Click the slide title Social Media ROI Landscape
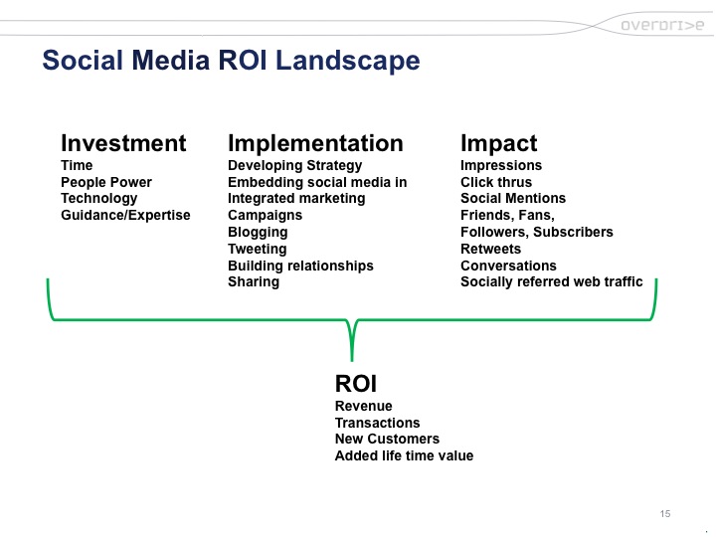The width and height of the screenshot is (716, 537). (231, 62)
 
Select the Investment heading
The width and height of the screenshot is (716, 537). (123, 143)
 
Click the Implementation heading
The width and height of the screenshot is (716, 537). (315, 143)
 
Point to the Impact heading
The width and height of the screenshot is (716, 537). (498, 143)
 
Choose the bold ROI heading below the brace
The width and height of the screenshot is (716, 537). (356, 384)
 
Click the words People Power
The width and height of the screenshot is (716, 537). (106, 182)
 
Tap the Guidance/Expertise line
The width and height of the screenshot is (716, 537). (125, 215)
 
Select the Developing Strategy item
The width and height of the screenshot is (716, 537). (294, 165)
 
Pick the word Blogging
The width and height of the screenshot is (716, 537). (258, 232)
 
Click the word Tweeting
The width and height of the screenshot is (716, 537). (257, 249)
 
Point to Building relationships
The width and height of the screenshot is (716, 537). (300, 266)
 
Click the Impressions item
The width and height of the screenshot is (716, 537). (501, 165)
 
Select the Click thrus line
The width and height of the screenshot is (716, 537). (496, 182)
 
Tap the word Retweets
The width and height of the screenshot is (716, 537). (490, 249)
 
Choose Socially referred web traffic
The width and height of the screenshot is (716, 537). (551, 281)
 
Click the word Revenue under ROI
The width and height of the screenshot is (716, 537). (364, 406)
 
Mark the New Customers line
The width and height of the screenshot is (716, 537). (387, 439)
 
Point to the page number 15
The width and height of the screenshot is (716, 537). (665, 513)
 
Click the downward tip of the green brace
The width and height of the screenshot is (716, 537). (352, 358)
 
